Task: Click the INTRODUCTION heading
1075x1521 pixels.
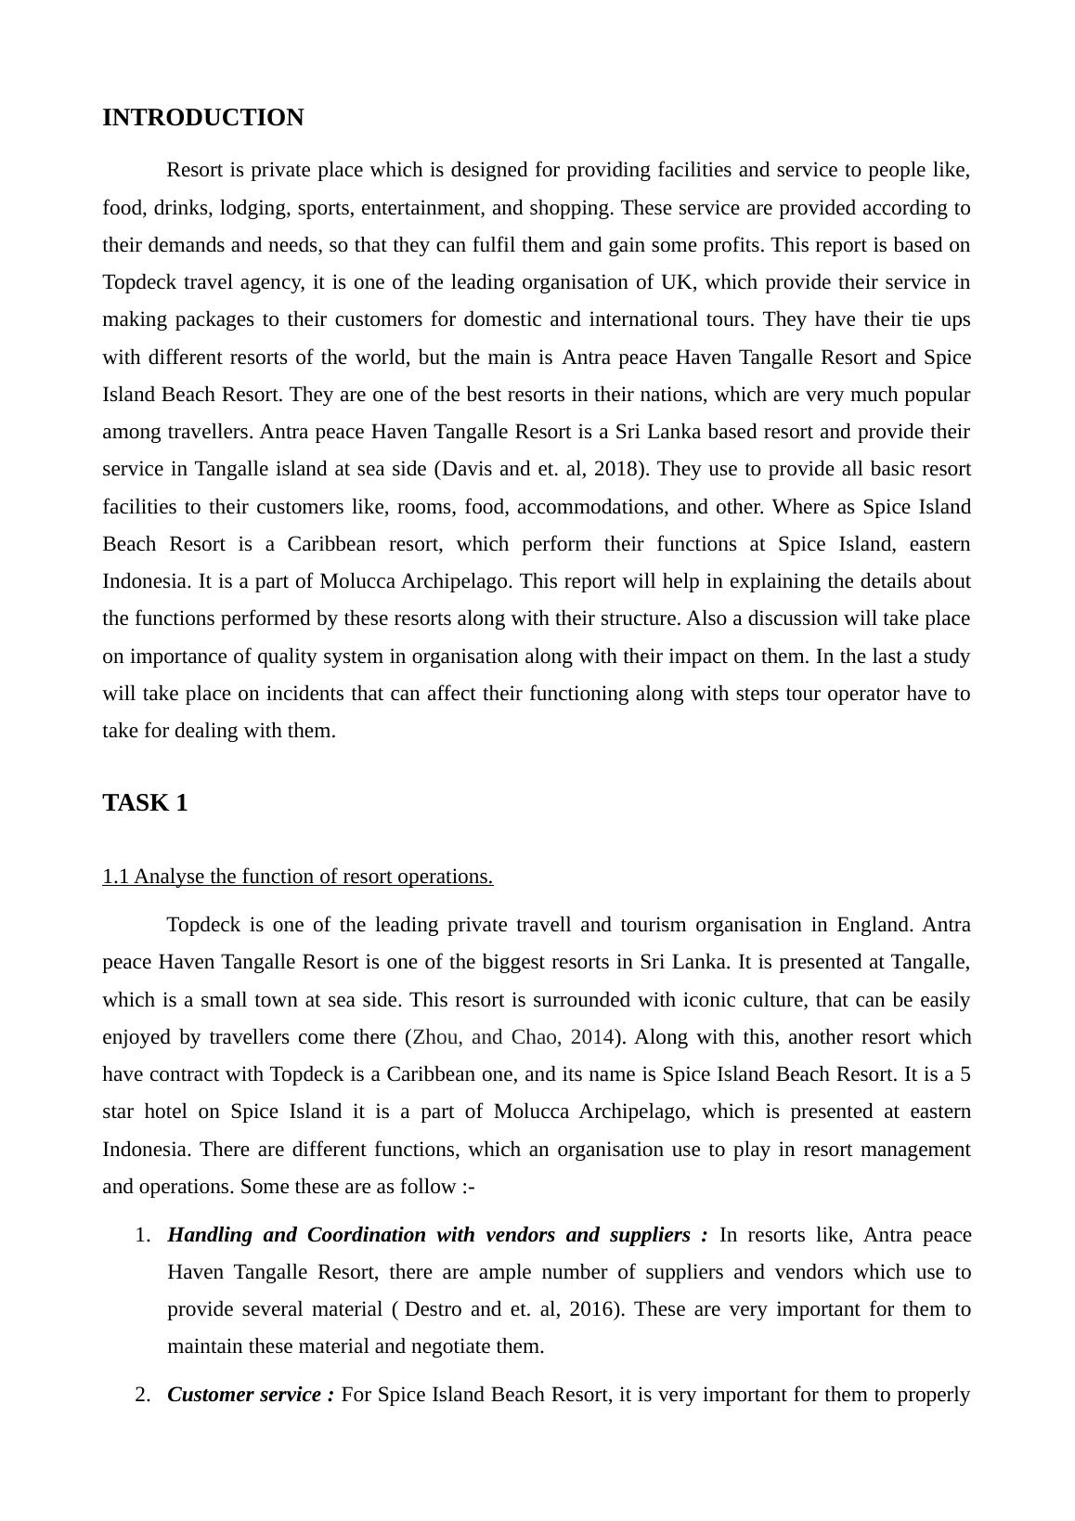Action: [x=202, y=118]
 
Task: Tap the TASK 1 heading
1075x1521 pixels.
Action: [x=145, y=803]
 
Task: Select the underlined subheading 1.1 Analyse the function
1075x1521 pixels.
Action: [x=297, y=877]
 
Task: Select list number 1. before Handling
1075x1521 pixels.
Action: [x=142, y=1235]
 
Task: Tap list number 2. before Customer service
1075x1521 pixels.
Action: [x=142, y=1395]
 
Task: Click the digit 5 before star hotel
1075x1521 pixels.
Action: [x=965, y=1074]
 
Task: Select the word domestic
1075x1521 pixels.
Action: [x=503, y=319]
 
